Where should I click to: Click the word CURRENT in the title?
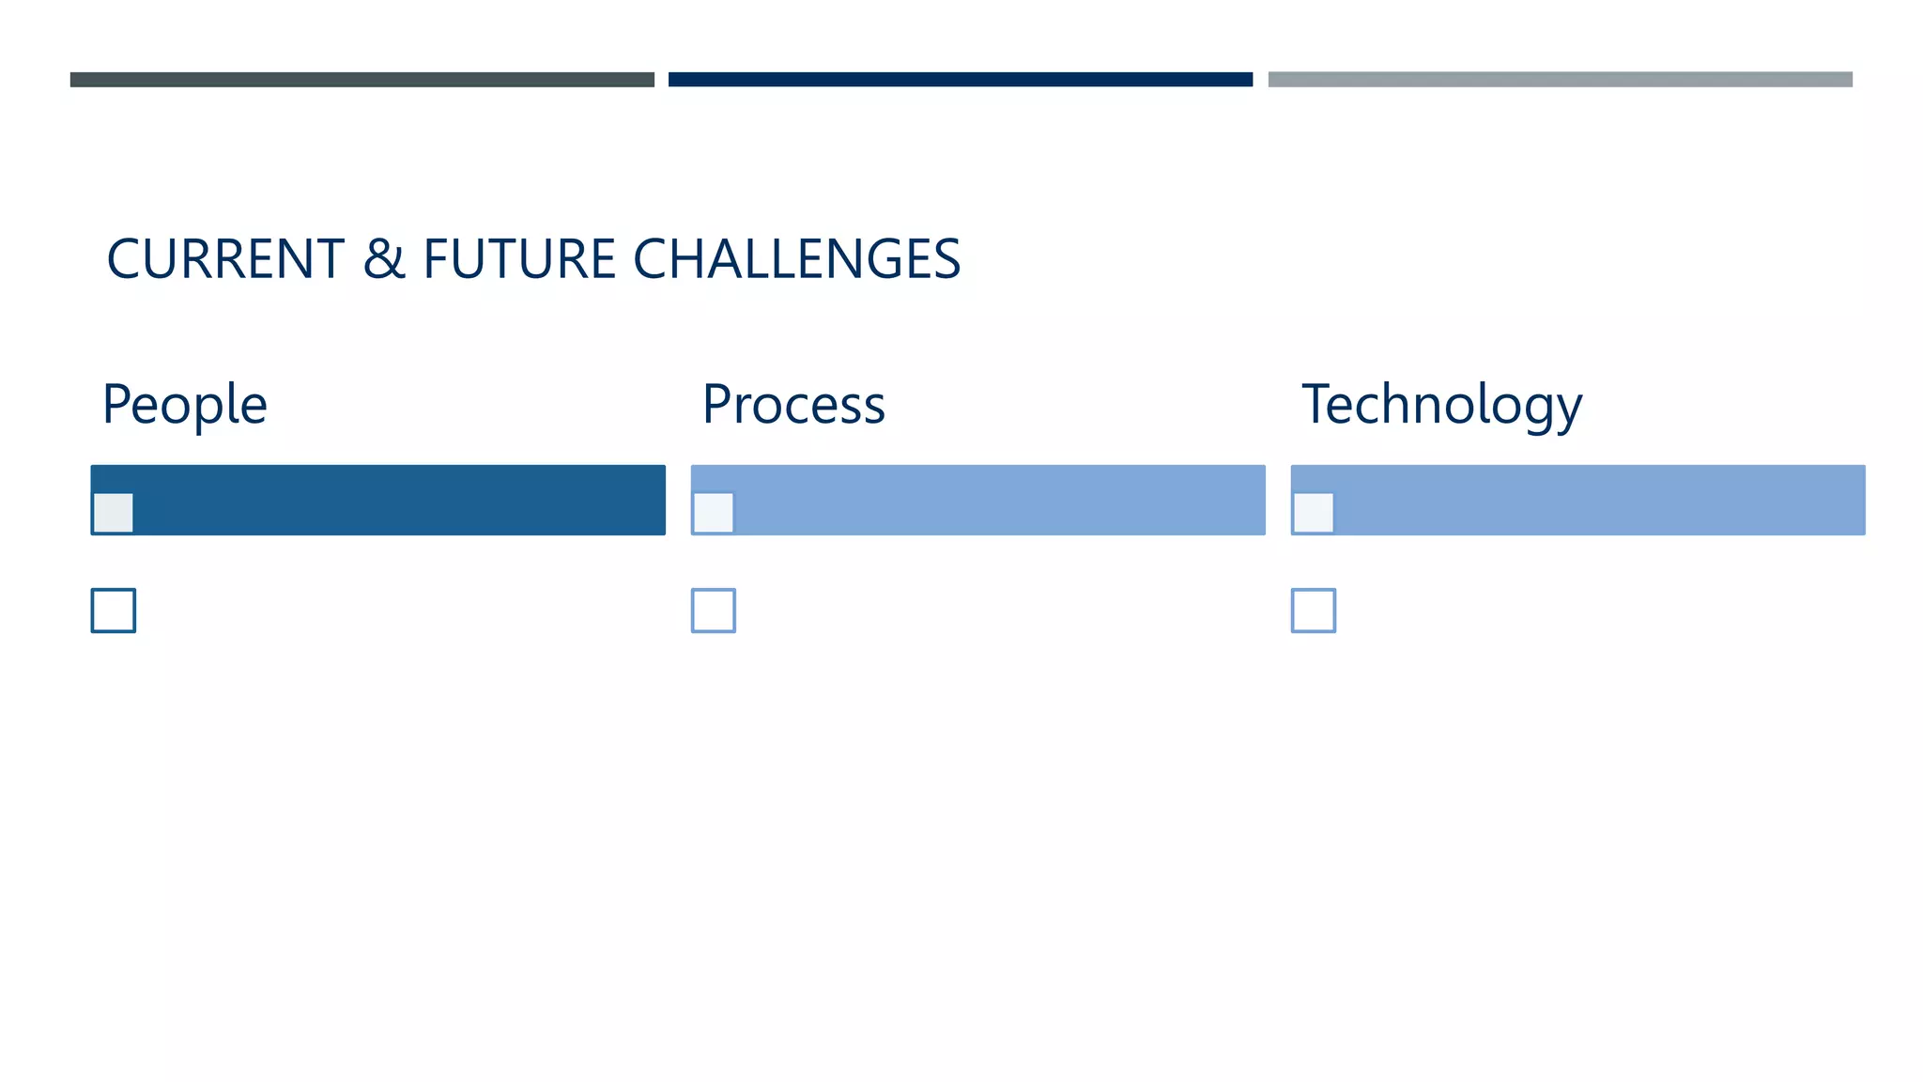pos(225,259)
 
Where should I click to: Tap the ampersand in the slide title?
pos(383,259)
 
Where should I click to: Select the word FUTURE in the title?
pos(519,259)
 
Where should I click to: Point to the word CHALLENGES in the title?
pos(796,259)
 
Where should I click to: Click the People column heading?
pos(185,405)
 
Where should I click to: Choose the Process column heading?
pos(793,405)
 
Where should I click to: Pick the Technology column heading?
pos(1441,405)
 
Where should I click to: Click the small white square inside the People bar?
pos(114,513)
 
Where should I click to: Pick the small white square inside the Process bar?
pos(714,513)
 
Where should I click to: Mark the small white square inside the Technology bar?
pos(1314,513)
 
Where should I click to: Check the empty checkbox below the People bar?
pos(114,611)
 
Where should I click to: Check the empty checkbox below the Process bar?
pos(714,611)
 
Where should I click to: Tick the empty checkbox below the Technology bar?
pos(1314,611)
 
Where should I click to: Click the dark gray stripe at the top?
pos(362,80)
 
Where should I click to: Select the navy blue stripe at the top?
pos(961,80)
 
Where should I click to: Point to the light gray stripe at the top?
pos(1560,80)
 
